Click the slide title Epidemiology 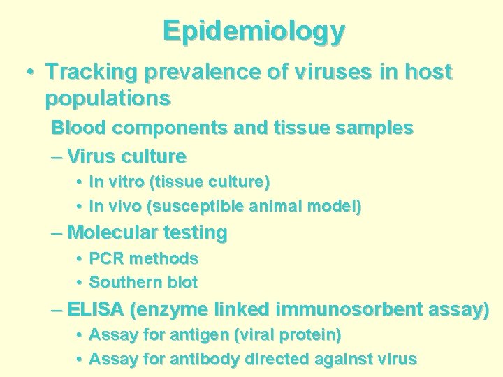pyautogui.click(x=254, y=31)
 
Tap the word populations pyautogui.click(x=108, y=98)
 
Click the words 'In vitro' pyautogui.click(x=117, y=182)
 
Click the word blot pyautogui.click(x=180, y=283)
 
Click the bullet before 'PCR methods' pyautogui.click(x=79, y=259)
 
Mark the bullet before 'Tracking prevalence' pyautogui.click(x=31, y=72)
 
